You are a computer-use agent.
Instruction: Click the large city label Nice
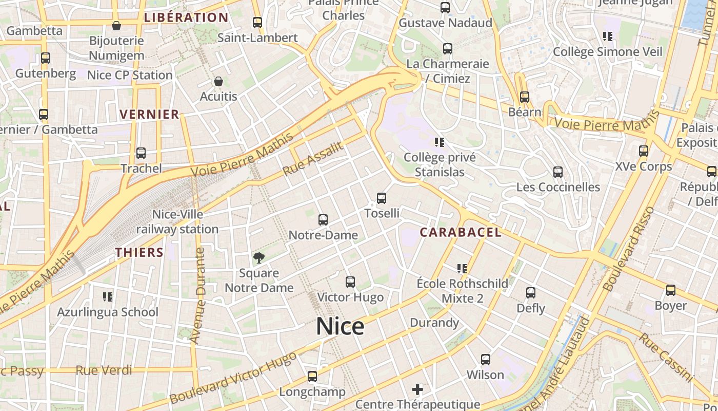[340, 327]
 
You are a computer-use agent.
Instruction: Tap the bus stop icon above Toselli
[381, 198]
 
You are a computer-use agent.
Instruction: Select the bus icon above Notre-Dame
[323, 220]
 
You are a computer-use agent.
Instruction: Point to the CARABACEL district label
[460, 232]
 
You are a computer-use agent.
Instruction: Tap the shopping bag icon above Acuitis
[218, 82]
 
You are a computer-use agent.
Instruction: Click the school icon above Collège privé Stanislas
[439, 142]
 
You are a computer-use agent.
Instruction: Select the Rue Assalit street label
[312, 159]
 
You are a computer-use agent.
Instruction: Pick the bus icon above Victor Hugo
[350, 282]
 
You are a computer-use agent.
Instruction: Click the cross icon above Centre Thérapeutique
[417, 389]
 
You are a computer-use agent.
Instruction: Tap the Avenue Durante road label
[197, 295]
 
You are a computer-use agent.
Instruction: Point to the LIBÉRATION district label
[186, 17]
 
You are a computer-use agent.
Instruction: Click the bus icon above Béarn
[524, 97]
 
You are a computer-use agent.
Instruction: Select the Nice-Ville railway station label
[177, 222]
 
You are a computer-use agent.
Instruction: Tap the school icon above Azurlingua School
[107, 296]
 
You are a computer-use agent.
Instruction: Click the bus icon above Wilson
[485, 360]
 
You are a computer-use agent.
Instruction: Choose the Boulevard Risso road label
[629, 249]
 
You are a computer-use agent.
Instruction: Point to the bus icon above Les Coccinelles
[558, 172]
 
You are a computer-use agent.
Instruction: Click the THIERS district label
[139, 253]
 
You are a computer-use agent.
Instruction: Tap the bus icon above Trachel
[141, 153]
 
